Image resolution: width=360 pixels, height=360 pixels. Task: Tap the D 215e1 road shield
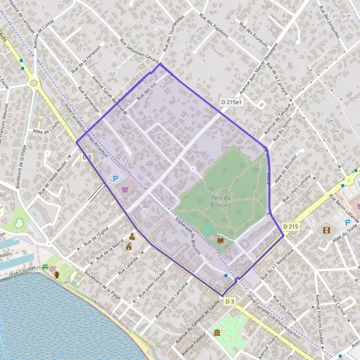click(231, 103)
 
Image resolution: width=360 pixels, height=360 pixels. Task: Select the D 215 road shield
click(290, 226)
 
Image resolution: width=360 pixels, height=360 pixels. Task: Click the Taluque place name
click(340, 15)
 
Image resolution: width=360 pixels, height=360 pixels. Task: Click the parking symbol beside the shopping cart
click(115, 178)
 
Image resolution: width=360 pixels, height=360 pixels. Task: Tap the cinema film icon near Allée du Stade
click(326, 230)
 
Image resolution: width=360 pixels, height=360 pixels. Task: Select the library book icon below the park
click(220, 241)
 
